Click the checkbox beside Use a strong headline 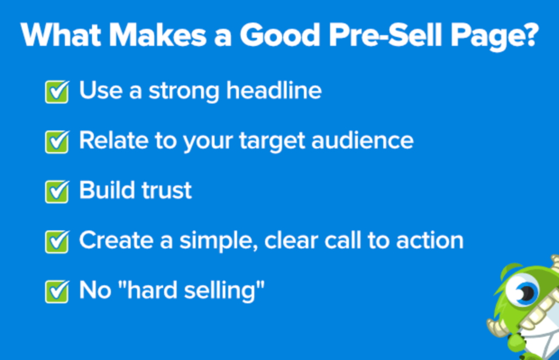click(x=56, y=92)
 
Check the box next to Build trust click(x=56, y=191)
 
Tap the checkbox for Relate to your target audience click(x=56, y=142)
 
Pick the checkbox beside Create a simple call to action click(x=56, y=241)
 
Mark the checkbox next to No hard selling click(x=56, y=291)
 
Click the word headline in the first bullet click(x=274, y=91)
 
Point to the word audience click(x=362, y=141)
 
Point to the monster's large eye click(x=523, y=292)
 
